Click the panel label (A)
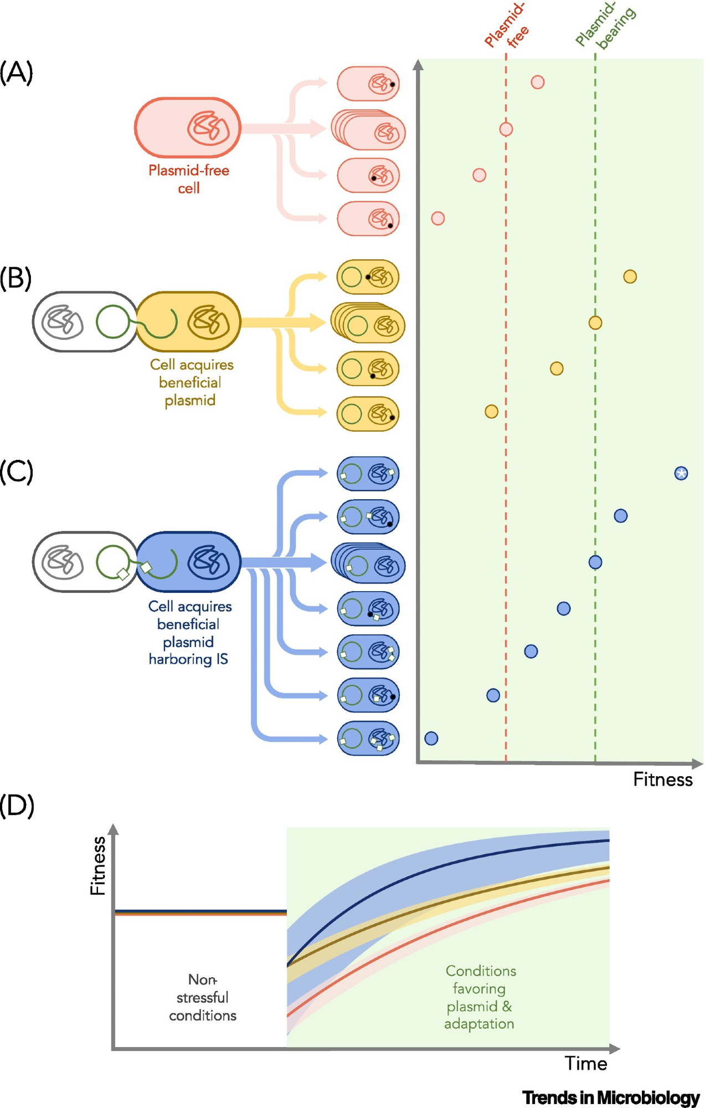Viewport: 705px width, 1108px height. (17, 73)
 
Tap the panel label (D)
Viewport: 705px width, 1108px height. (17, 806)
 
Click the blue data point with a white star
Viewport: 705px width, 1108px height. (681, 473)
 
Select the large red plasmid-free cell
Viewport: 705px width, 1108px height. (188, 128)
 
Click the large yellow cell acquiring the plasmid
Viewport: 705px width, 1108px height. (188, 322)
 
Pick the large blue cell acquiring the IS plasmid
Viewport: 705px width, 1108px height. (188, 562)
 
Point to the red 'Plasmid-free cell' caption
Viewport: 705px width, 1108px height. (189, 179)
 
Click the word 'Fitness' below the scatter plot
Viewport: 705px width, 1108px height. (663, 780)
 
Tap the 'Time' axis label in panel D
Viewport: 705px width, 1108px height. (586, 1064)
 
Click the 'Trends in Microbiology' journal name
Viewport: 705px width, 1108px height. (611, 1097)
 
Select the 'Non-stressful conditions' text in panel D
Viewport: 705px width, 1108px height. (203, 998)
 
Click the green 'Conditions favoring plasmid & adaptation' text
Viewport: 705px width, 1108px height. (480, 997)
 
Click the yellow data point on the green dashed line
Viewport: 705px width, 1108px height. (595, 322)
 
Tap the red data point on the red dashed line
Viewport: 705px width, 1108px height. (506, 129)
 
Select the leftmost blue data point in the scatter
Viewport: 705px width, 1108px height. (431, 738)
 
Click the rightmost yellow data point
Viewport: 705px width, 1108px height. (630, 276)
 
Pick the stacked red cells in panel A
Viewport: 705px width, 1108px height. (368, 130)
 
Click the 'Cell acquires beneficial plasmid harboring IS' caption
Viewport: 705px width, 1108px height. (189, 633)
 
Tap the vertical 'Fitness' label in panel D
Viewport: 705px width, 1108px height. (98, 865)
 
